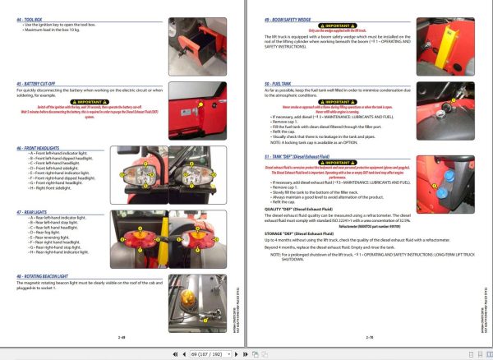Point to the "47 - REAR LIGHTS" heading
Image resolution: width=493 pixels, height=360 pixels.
pyautogui.click(x=32, y=212)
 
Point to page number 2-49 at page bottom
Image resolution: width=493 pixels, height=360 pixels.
pyautogui.click(x=122, y=337)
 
